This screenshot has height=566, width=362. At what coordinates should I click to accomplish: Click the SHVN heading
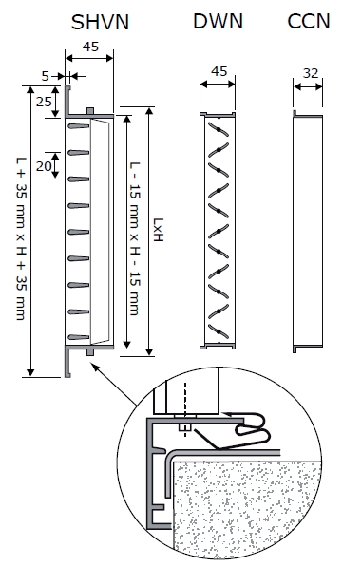point(100,23)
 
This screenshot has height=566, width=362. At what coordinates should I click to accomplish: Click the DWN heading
point(218,21)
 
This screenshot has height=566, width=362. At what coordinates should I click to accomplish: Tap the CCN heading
point(309,21)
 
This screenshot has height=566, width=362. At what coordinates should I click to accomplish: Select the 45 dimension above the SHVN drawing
point(90,47)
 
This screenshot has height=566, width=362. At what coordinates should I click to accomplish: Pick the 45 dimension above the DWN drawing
point(219,71)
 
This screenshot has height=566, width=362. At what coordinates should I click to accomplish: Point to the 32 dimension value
point(311,73)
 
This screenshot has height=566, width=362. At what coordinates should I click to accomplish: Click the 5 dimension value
point(45,76)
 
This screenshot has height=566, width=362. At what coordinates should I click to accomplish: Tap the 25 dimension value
point(44,102)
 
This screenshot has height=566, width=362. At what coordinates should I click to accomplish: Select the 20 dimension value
point(44,166)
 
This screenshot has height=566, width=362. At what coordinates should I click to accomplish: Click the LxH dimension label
point(159,230)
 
